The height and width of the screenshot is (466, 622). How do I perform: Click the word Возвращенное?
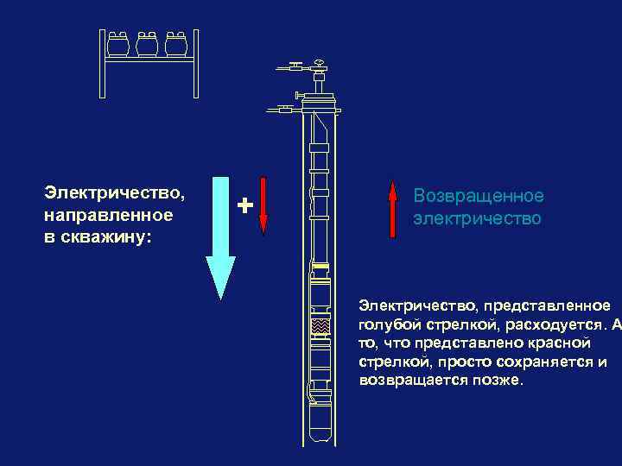click(478, 197)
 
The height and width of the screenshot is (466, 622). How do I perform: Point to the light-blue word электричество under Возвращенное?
click(477, 218)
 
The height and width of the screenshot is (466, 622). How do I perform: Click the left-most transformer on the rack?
click(118, 45)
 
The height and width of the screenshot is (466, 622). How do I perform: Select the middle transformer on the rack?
click(147, 45)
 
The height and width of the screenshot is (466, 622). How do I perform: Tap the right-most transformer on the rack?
click(176, 45)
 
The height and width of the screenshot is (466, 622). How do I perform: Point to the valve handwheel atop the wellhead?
click(320, 63)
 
